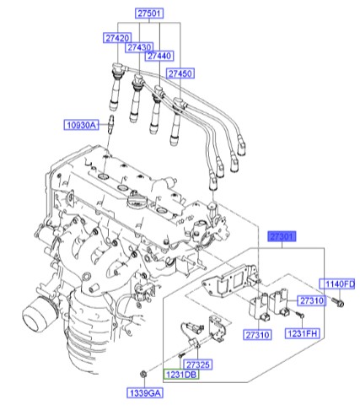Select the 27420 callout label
click(117, 38)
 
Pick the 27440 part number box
click(159, 56)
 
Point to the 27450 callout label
click(180, 74)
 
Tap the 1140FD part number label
click(339, 283)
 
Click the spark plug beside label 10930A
click(110, 126)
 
